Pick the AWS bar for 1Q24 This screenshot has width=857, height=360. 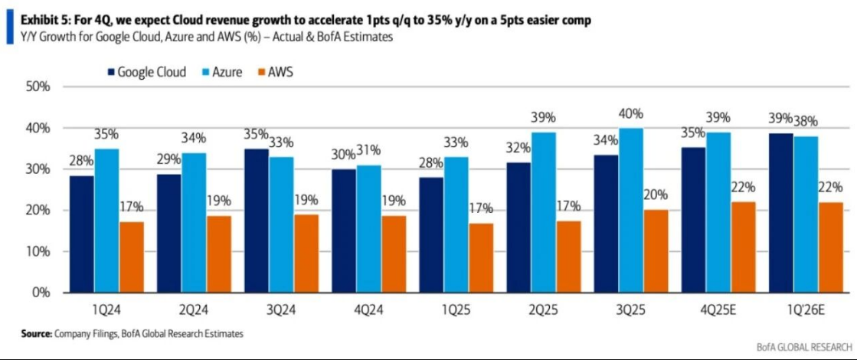[132, 257]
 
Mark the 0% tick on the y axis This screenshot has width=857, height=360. [40, 293]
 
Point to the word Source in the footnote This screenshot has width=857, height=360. [35, 334]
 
